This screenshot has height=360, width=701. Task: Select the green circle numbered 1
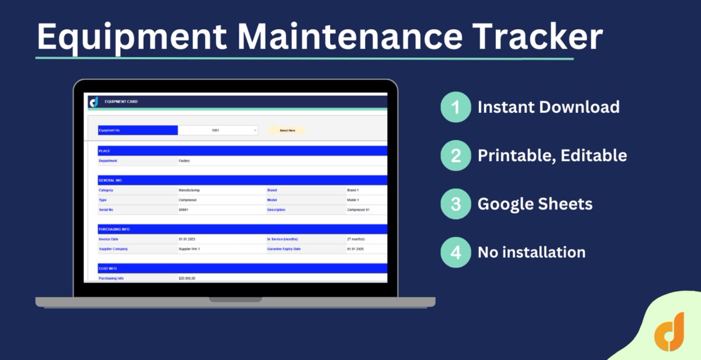click(455, 108)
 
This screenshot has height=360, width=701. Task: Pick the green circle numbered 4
click(455, 252)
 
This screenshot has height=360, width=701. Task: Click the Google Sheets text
click(535, 204)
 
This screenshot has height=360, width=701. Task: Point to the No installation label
click(532, 252)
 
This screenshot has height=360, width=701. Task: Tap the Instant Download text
click(549, 108)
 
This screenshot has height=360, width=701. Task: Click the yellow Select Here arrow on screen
click(287, 130)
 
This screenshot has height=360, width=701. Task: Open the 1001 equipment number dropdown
click(218, 130)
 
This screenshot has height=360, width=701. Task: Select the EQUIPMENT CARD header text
click(121, 102)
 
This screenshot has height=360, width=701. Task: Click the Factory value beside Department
click(184, 161)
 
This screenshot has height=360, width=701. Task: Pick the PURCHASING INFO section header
click(114, 229)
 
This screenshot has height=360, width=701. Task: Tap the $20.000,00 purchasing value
click(187, 278)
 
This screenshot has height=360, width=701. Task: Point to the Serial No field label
click(107, 210)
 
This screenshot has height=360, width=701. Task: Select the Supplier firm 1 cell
click(189, 249)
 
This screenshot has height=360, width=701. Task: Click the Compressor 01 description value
click(358, 210)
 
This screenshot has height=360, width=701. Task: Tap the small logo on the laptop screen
click(93, 102)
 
